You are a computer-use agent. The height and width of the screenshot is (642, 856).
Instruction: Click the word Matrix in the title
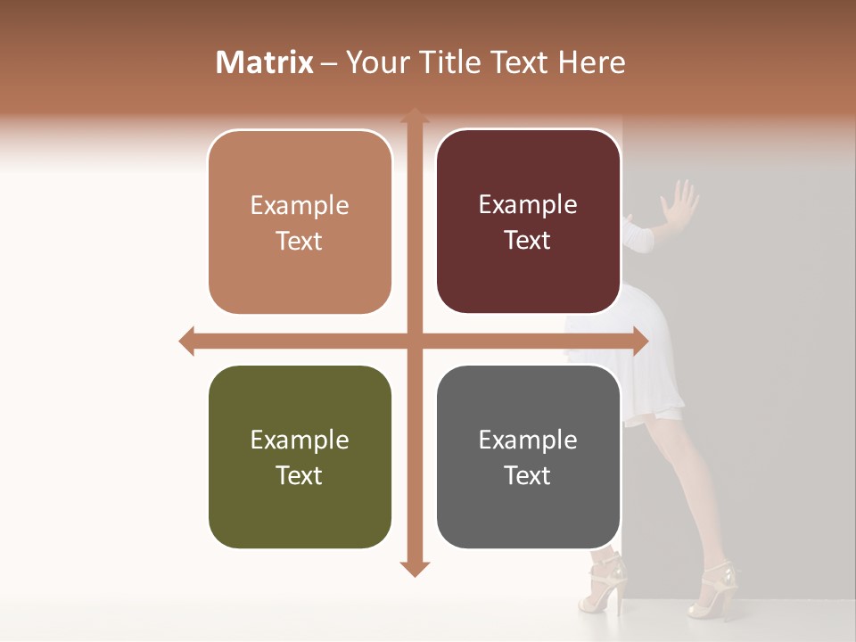[x=264, y=62]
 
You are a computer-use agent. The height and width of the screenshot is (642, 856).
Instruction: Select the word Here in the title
[x=592, y=62]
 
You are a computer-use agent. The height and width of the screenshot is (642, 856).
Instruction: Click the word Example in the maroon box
[x=528, y=204]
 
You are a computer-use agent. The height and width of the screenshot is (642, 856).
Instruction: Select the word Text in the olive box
[x=300, y=475]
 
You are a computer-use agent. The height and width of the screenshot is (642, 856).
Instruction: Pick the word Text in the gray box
[x=528, y=475]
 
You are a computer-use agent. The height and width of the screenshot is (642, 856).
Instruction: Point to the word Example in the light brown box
[x=300, y=205]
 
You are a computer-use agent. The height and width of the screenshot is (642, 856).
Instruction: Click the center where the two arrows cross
[x=414, y=341]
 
